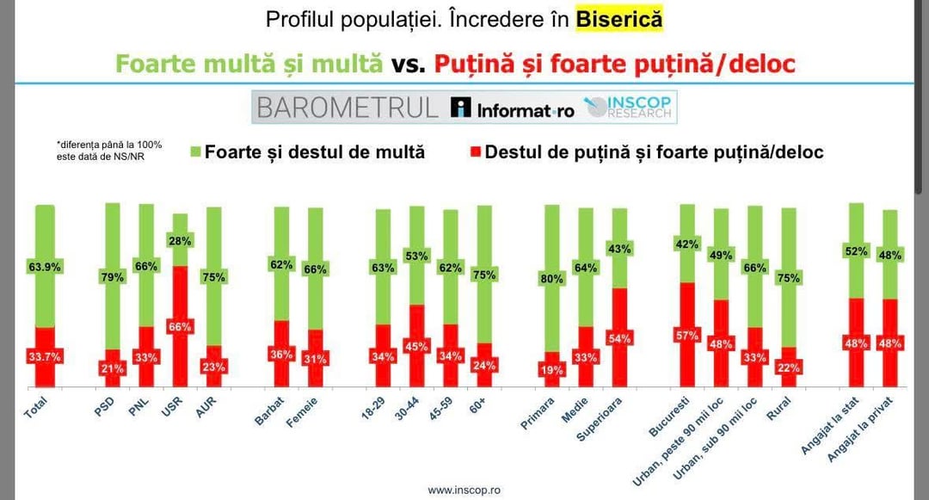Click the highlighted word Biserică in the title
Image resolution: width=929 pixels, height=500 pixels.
[x=619, y=20]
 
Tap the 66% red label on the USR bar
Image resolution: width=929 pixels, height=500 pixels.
[x=181, y=326]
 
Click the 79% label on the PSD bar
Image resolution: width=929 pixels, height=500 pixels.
[x=114, y=277]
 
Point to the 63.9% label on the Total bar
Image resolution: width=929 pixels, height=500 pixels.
[x=44, y=267]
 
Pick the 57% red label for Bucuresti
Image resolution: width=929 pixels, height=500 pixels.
[x=687, y=336]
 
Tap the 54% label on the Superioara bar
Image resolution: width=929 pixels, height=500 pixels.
[x=618, y=337]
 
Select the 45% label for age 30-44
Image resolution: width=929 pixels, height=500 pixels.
[x=416, y=347]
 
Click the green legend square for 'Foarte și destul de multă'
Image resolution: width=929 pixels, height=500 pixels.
[x=194, y=152]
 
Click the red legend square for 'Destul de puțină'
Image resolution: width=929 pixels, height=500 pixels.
[x=475, y=152]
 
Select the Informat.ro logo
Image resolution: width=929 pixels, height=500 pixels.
[x=513, y=108]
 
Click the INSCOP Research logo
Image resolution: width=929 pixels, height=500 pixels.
[x=631, y=108]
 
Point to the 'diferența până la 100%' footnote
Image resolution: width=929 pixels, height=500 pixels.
[x=109, y=150]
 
